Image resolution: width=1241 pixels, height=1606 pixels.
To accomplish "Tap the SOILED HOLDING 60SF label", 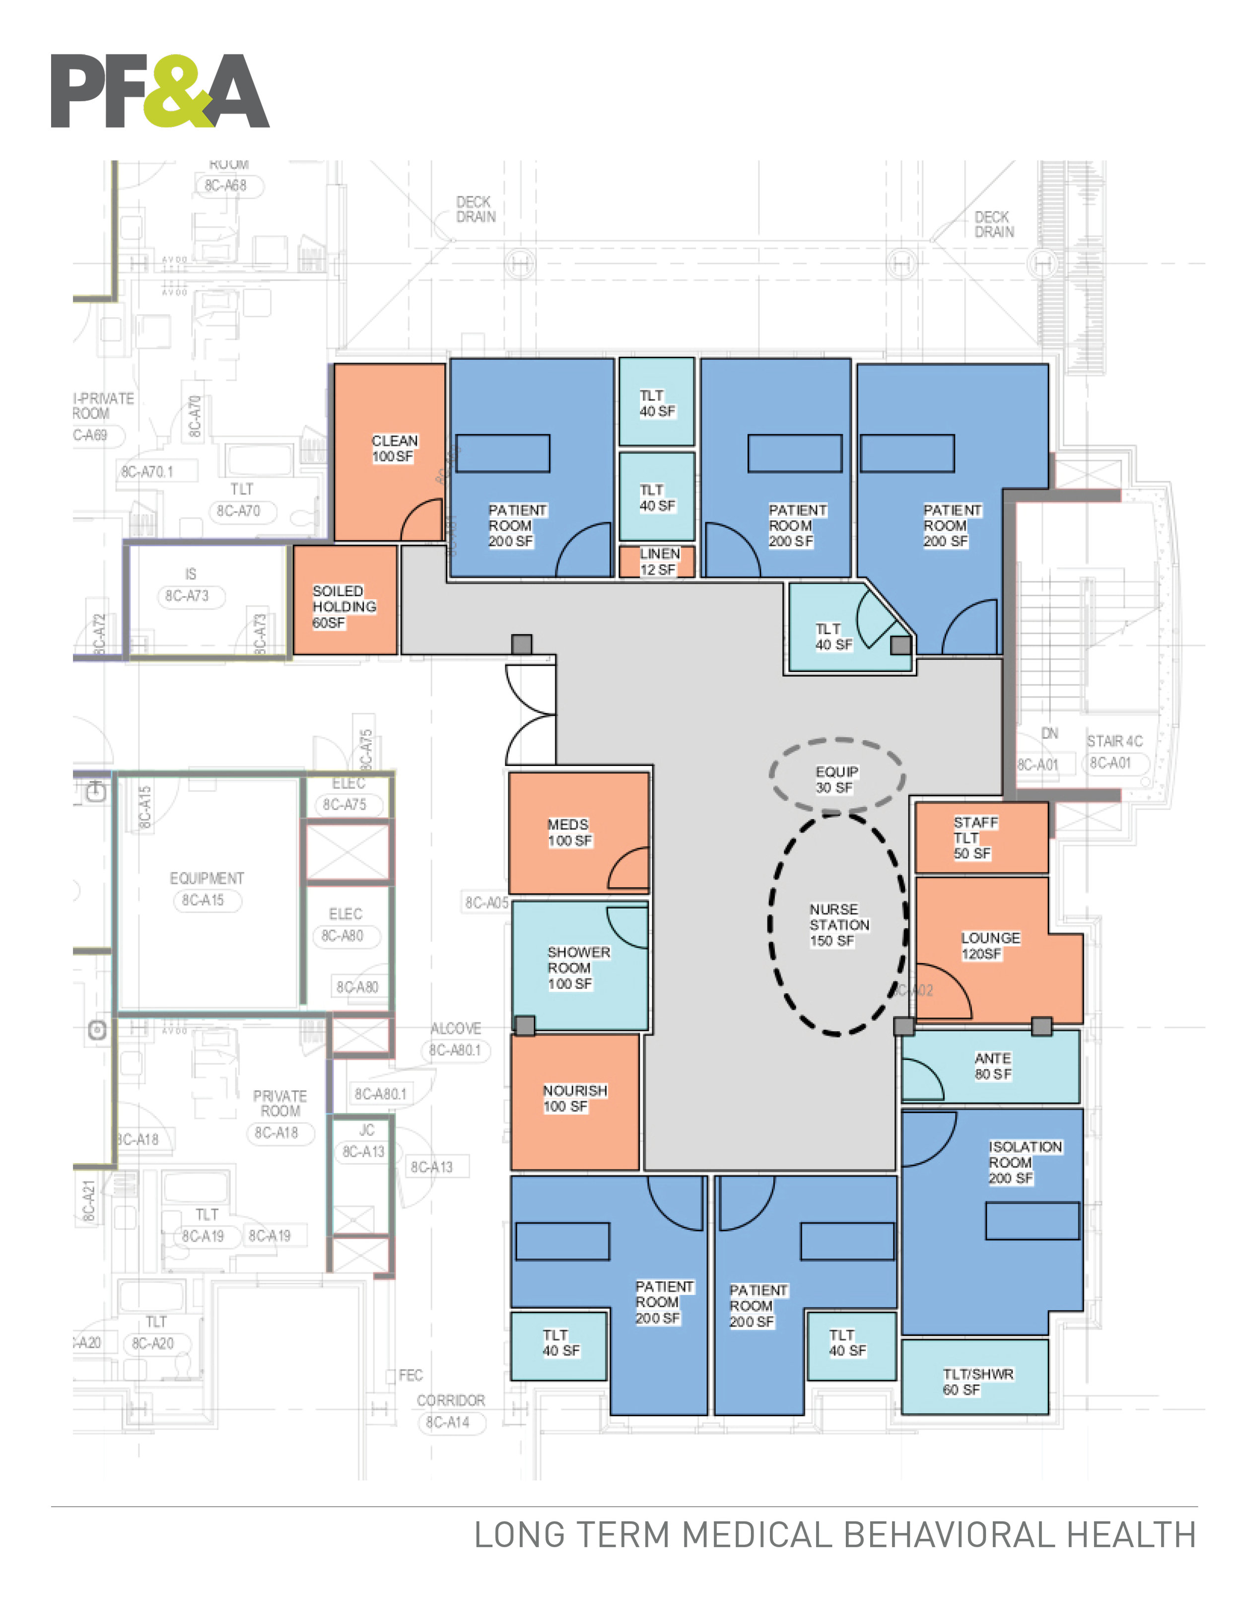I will point(344,607).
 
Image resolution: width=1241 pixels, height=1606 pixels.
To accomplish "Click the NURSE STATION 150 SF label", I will point(838,924).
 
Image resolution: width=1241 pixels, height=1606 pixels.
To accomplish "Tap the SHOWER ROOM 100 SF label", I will point(578,967).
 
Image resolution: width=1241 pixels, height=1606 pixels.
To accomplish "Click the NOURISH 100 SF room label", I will point(574,1098).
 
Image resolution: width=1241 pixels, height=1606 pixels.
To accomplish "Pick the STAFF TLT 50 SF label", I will point(975,838).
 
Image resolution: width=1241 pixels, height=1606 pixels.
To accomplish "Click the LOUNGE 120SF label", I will point(989,946).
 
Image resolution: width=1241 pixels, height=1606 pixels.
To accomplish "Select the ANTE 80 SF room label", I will point(992,1065).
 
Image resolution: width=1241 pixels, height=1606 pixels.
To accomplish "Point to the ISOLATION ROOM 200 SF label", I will point(1024,1162).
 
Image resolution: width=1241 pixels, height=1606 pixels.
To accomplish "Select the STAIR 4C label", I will point(1114,741).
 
